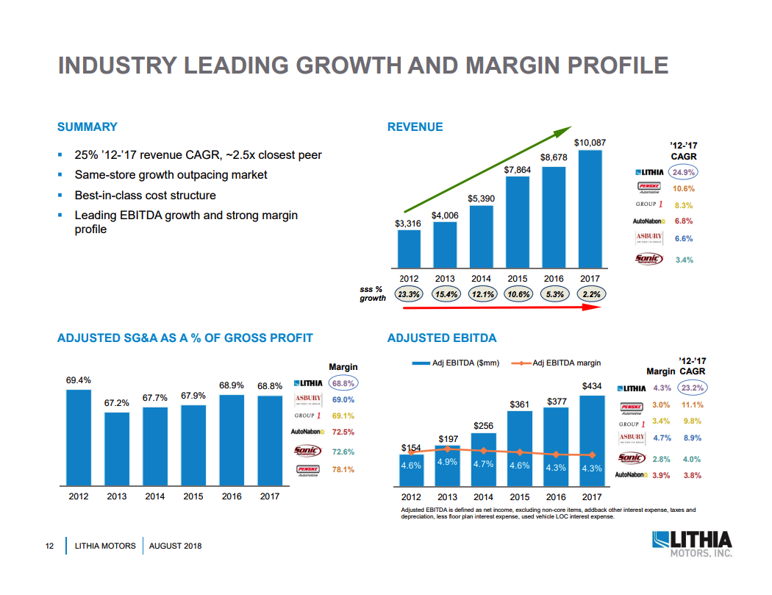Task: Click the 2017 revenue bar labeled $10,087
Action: [x=590, y=209]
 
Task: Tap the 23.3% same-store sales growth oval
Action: [x=409, y=294]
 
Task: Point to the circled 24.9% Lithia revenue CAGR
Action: [x=684, y=172]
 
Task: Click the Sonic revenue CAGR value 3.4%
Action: [x=684, y=260]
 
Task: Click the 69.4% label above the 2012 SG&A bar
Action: [x=79, y=380]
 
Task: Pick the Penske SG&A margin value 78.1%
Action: [x=343, y=469]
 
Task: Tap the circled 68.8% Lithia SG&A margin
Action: [x=343, y=383]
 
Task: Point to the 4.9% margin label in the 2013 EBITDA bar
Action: [x=448, y=462]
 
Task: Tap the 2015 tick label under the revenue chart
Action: [x=518, y=279]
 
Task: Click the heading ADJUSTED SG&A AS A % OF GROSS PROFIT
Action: [x=185, y=338]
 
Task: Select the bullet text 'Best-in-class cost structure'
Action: [x=146, y=196]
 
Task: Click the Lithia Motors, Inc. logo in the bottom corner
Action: [x=692, y=544]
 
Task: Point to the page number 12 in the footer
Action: [x=50, y=546]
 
